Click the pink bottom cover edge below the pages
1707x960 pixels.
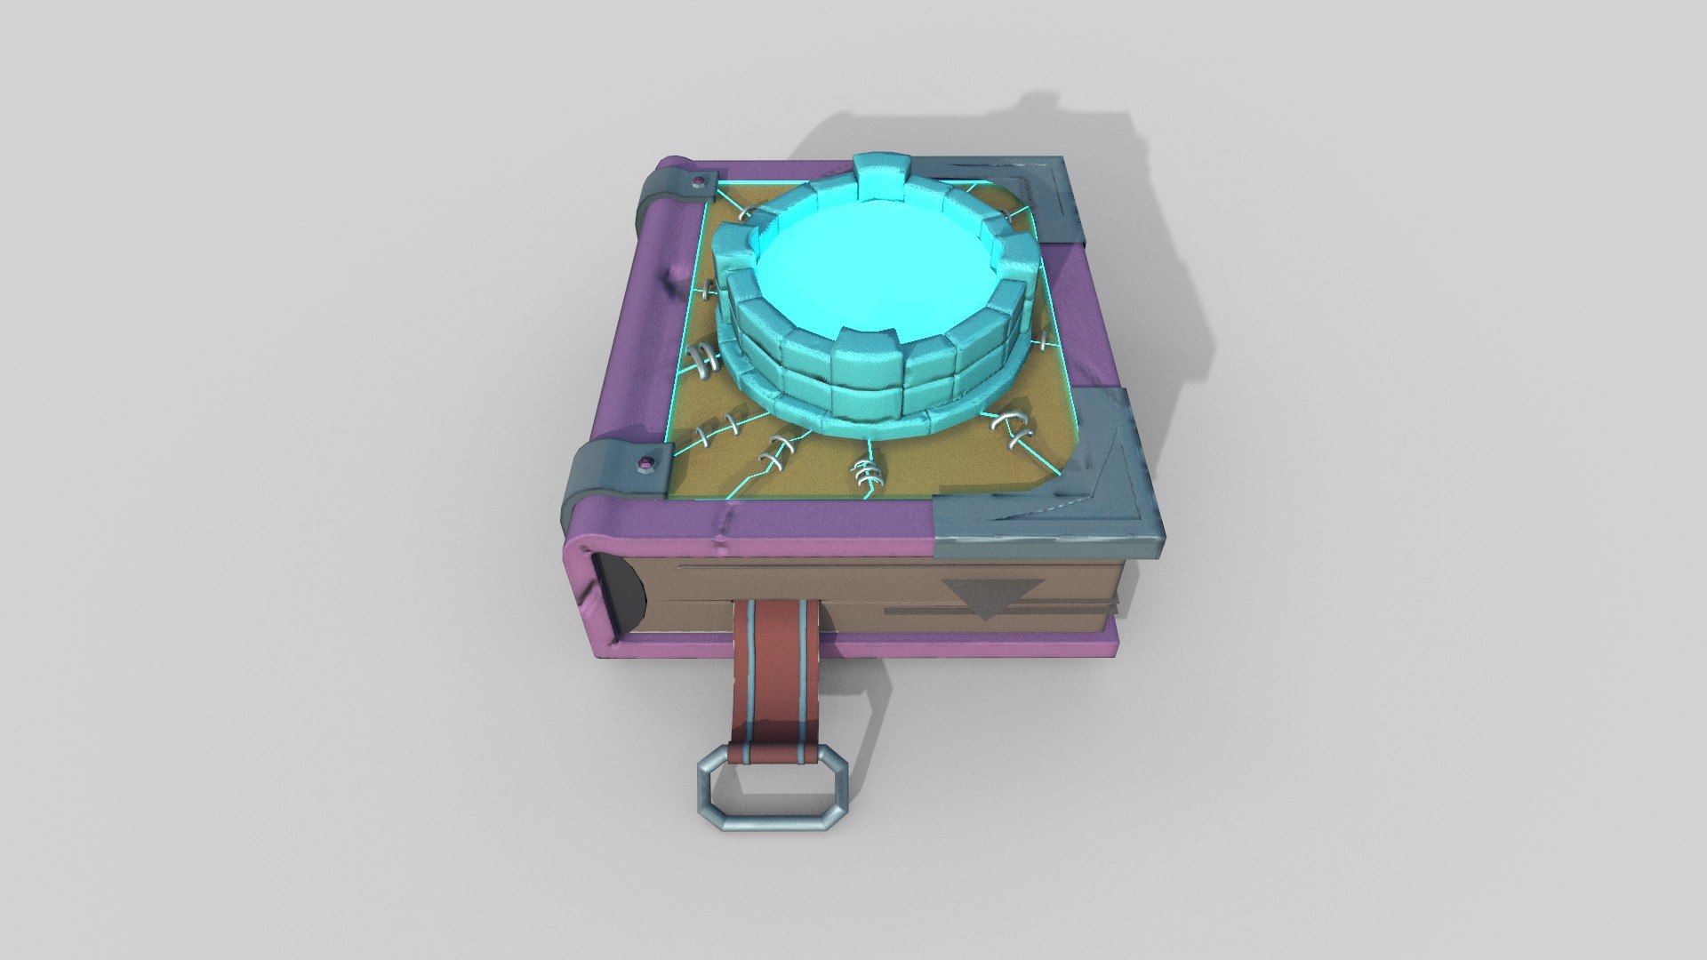889,648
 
